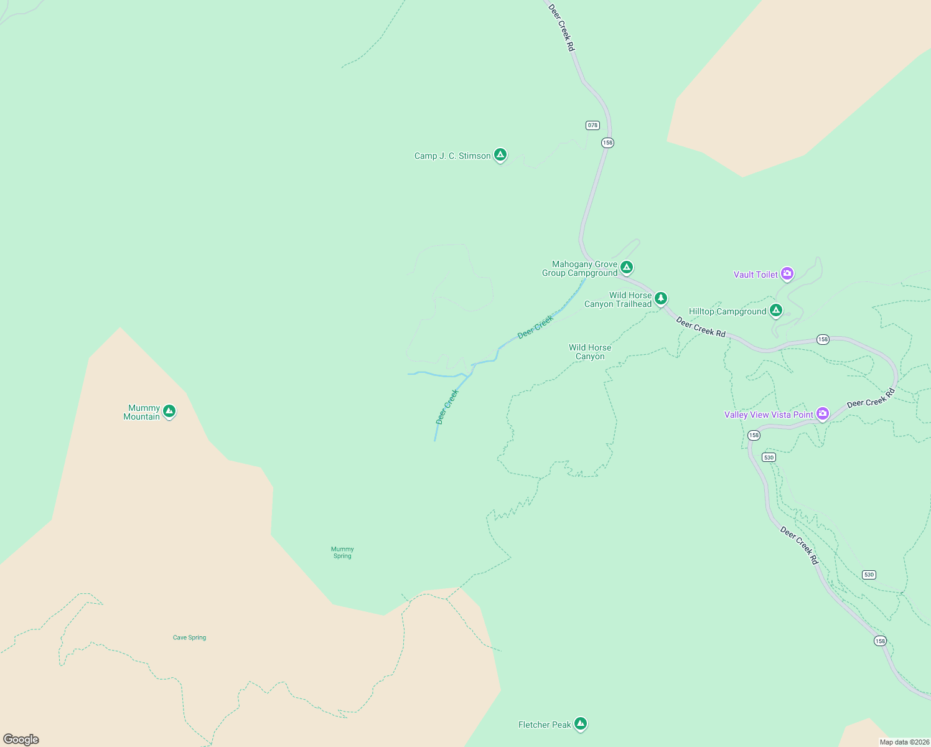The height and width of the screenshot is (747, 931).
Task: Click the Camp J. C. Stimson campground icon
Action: pos(500,154)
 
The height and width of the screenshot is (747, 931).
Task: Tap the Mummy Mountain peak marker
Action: pos(169,411)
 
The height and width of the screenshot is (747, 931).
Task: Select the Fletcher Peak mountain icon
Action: pos(581,723)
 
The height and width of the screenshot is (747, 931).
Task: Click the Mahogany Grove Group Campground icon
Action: pos(627,267)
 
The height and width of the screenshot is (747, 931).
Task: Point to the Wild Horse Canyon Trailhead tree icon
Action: pos(661,298)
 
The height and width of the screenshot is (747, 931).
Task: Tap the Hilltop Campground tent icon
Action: pos(775,309)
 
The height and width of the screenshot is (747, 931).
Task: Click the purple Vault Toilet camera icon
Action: pos(787,273)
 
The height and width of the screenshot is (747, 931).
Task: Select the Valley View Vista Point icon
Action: pos(823,413)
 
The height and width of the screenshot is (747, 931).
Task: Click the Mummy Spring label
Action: pos(342,553)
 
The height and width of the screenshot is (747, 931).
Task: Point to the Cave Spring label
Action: pos(189,637)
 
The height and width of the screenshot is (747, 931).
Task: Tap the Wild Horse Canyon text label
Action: pos(590,352)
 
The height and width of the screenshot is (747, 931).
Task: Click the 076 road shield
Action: pos(592,125)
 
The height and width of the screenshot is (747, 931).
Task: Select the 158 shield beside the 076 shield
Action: pos(607,143)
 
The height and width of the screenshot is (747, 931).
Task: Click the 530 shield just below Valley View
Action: pos(769,457)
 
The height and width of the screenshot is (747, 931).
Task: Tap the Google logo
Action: pos(21,740)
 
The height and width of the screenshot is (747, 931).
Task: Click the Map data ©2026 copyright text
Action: pos(904,742)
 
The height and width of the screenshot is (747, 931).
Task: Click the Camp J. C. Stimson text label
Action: pos(452,156)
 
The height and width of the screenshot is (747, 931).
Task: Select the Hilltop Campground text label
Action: pos(727,311)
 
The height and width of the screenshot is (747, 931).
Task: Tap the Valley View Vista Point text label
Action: pos(769,415)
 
